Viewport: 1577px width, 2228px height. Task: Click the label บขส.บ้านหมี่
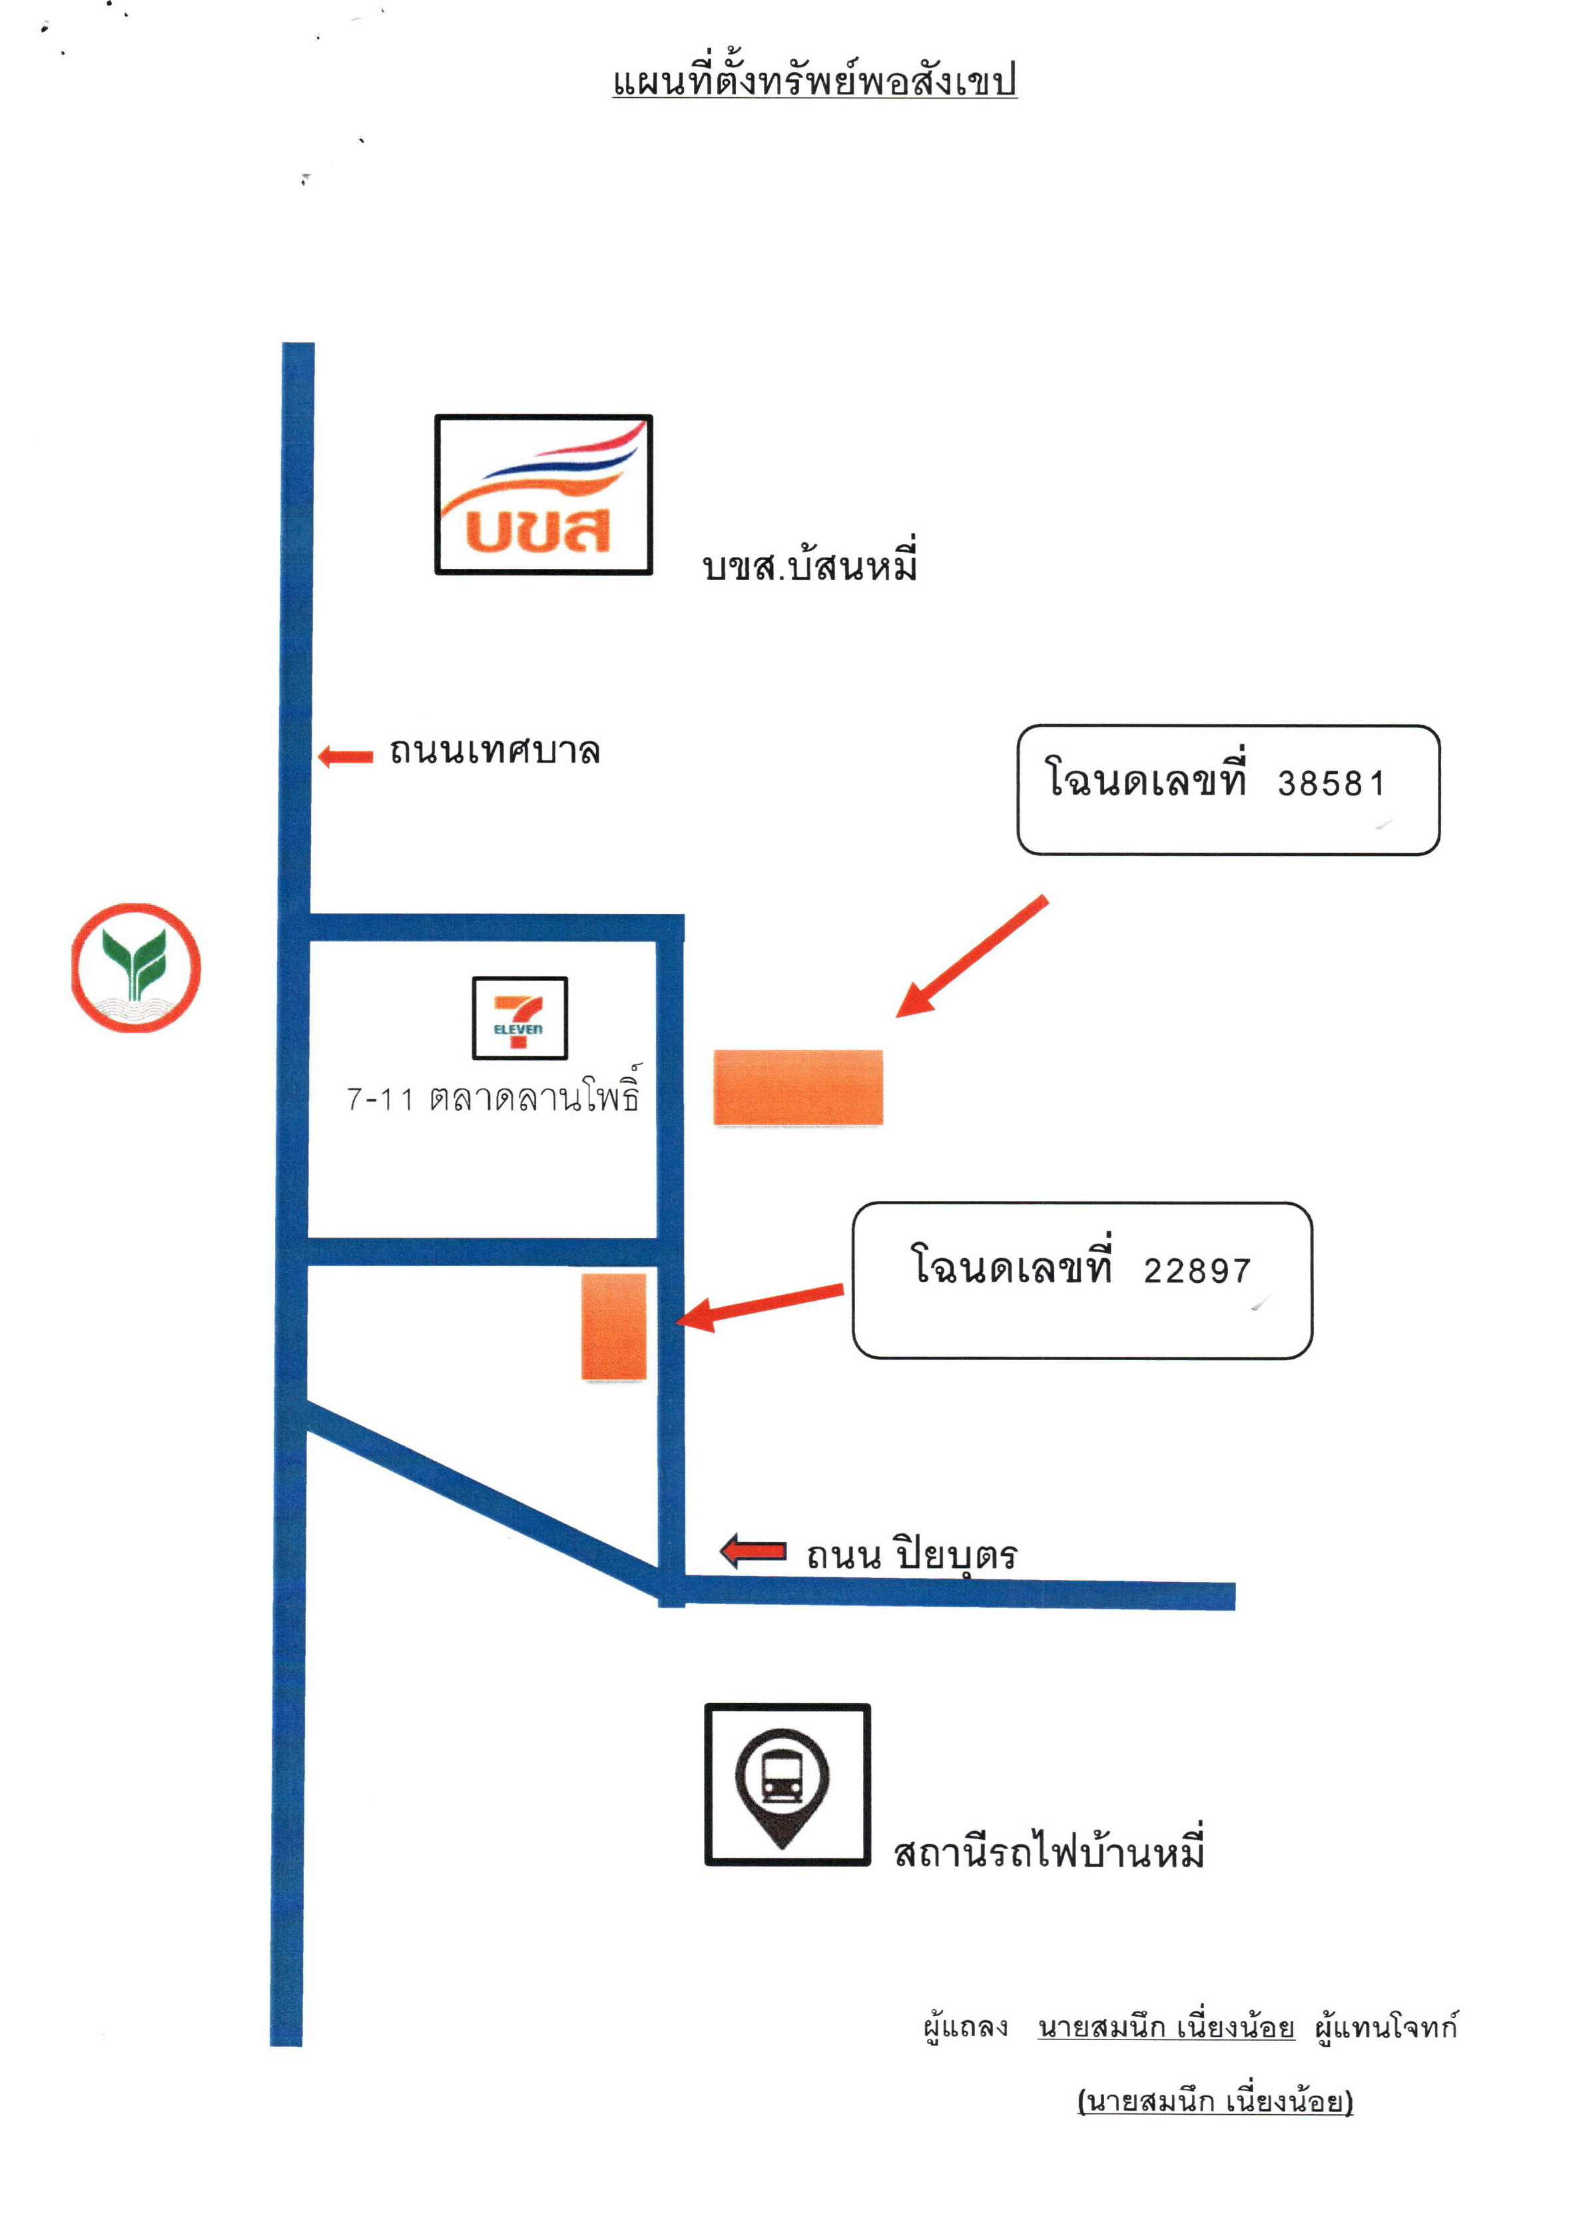(x=810, y=563)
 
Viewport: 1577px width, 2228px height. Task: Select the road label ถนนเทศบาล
(x=494, y=751)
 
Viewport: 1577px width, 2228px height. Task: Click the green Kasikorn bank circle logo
(x=136, y=967)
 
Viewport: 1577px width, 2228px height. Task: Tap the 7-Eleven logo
(x=519, y=1018)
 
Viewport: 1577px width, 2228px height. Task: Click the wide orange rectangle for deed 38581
(x=798, y=1088)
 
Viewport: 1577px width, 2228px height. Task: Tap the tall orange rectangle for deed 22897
(x=614, y=1327)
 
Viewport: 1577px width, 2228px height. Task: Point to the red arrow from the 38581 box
(x=971, y=956)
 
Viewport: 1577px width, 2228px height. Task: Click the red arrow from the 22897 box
(x=759, y=1307)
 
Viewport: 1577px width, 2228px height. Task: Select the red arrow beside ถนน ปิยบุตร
(x=753, y=1551)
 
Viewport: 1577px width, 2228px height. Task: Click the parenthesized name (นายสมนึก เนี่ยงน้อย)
(x=1215, y=2101)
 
